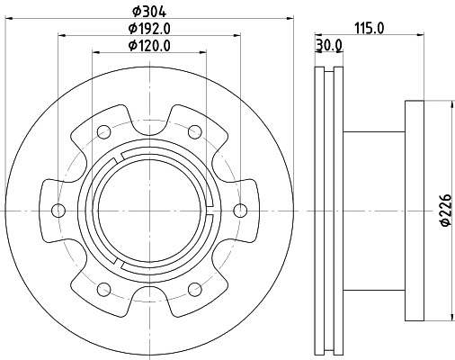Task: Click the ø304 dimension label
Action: pyautogui.click(x=149, y=11)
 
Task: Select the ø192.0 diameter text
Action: pyautogui.click(x=149, y=28)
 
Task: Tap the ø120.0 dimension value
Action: pyautogui.click(x=149, y=45)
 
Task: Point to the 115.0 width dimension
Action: pyautogui.click(x=369, y=28)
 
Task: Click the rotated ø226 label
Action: pyautogui.click(x=444, y=211)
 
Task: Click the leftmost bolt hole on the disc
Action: pyautogui.click(x=58, y=211)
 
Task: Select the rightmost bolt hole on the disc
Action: pyautogui.click(x=240, y=211)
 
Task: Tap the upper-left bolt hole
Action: pyautogui.click(x=104, y=131)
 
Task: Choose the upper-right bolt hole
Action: pyautogui.click(x=195, y=131)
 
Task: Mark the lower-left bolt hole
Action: pyautogui.click(x=104, y=289)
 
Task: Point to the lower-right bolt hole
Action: pyautogui.click(x=195, y=289)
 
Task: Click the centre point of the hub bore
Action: pyautogui.click(x=149, y=211)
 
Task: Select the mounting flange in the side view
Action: pyautogui.click(x=415, y=211)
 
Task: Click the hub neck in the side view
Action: pyautogui.click(x=373, y=211)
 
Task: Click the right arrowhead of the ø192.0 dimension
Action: pyautogui.click(x=236, y=35)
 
